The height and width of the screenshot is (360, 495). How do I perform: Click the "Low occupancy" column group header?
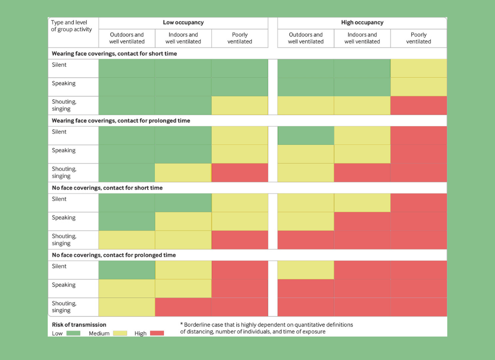183,23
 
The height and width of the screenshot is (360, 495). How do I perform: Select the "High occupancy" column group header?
362,23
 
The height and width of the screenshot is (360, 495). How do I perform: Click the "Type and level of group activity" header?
72,26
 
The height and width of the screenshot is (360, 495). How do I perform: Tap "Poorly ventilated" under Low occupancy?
239,38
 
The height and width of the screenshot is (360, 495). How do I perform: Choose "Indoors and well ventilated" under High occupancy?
362,38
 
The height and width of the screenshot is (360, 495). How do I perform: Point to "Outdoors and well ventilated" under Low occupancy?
127,38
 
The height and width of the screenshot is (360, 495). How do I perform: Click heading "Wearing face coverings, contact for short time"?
115,53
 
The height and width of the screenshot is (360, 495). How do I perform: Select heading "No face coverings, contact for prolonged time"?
114,255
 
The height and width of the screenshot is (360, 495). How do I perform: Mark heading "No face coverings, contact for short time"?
107,188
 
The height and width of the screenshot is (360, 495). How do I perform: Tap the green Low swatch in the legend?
73,333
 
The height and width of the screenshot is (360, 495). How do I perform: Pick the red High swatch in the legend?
157,333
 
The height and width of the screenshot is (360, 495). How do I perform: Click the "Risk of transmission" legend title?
79,324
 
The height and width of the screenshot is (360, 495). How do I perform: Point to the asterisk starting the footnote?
181,324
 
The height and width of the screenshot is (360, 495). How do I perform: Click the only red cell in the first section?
419,105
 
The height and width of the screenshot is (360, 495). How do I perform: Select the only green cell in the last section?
127,270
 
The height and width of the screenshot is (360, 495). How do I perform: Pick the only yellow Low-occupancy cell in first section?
239,105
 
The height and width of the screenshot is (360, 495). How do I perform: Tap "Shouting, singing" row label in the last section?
64,307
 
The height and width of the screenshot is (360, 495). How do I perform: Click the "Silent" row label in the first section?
59,65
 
